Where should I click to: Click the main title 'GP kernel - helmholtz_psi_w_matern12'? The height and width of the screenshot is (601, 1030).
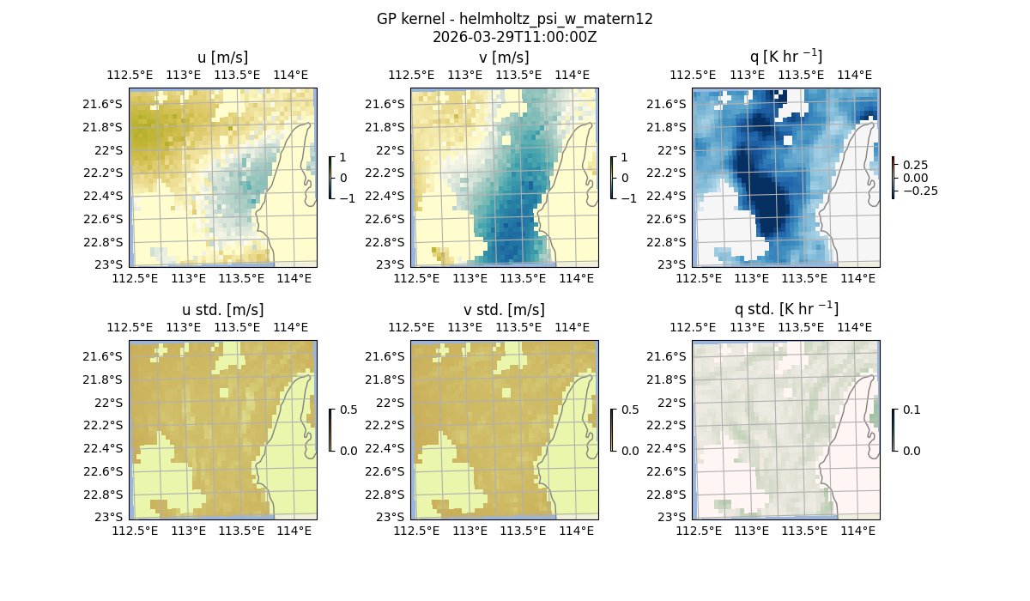(515, 19)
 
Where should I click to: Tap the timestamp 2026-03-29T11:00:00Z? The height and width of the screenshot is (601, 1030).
(515, 37)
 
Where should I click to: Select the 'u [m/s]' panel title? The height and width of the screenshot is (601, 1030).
(223, 58)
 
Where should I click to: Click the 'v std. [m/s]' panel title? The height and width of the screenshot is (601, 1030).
(505, 310)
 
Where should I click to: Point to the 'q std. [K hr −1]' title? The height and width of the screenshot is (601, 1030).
(786, 309)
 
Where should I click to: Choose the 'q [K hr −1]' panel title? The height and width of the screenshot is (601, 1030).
(786, 57)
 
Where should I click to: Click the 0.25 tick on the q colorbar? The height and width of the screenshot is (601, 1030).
(915, 165)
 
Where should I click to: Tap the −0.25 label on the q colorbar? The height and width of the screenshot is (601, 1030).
(919, 191)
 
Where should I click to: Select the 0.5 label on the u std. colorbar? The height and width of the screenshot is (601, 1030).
(348, 410)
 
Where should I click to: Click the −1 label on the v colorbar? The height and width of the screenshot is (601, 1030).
(629, 197)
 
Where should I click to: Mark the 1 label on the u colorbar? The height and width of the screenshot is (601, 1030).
(344, 158)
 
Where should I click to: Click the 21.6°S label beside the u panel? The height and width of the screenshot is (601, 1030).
(106, 104)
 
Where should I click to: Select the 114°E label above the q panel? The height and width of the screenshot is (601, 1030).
(854, 76)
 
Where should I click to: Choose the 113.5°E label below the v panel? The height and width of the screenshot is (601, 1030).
(523, 278)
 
